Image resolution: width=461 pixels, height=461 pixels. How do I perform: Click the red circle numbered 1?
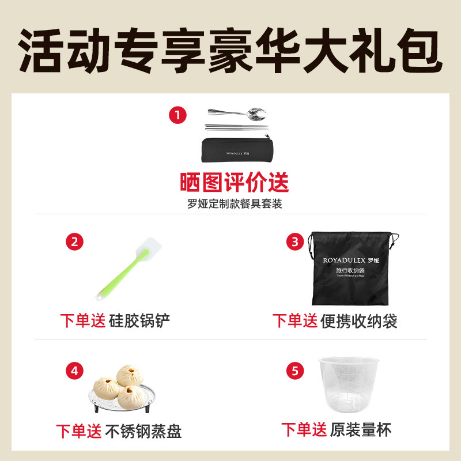[x=177, y=115]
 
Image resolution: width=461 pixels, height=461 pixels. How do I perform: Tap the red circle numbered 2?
[x=74, y=241]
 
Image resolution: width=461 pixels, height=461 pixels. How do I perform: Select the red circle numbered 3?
[x=295, y=241]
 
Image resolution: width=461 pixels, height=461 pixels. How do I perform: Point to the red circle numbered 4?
[x=74, y=371]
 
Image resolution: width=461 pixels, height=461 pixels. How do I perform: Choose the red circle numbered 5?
[x=295, y=371]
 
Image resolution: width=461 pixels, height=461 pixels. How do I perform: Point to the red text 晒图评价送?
[x=234, y=183]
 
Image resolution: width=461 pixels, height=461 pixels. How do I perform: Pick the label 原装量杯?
[x=361, y=429]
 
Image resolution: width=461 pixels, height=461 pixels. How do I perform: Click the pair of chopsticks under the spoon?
[x=236, y=127]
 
